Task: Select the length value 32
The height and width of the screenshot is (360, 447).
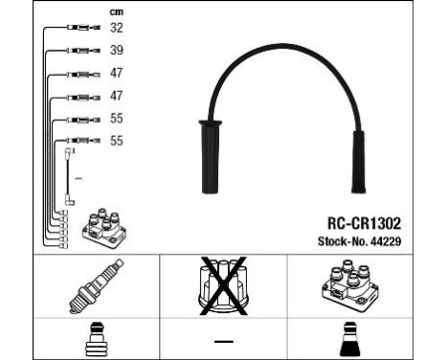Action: pyautogui.click(x=117, y=28)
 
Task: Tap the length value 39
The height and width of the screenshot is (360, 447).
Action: pyautogui.click(x=117, y=50)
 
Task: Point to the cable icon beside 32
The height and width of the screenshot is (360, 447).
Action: pyautogui.click(x=78, y=29)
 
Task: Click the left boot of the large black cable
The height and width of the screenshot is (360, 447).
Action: pyautogui.click(x=209, y=159)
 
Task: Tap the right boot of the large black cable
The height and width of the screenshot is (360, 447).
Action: pyautogui.click(x=357, y=162)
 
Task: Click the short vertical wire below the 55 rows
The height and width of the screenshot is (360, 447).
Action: pyautogui.click(x=69, y=176)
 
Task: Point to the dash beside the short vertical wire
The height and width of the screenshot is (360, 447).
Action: pyautogui.click(x=78, y=179)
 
